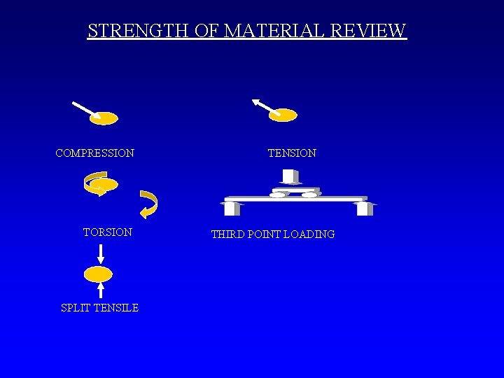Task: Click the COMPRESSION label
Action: pyautogui.click(x=95, y=153)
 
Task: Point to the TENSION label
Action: pyautogui.click(x=292, y=153)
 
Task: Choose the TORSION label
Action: pyautogui.click(x=108, y=232)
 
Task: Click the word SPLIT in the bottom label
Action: pyautogui.click(x=74, y=307)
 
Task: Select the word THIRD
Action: pyautogui.click(x=229, y=234)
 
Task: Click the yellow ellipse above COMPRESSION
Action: pyautogui.click(x=104, y=118)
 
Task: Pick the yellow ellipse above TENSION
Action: pyautogui.click(x=283, y=115)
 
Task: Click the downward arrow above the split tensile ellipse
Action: pyautogui.click(x=101, y=253)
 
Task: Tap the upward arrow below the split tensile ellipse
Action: pyautogui.click(x=101, y=290)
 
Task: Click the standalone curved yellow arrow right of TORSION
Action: pyautogui.click(x=149, y=204)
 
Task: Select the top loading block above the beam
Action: pyautogui.click(x=290, y=176)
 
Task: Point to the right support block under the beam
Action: pyautogui.click(x=365, y=209)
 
